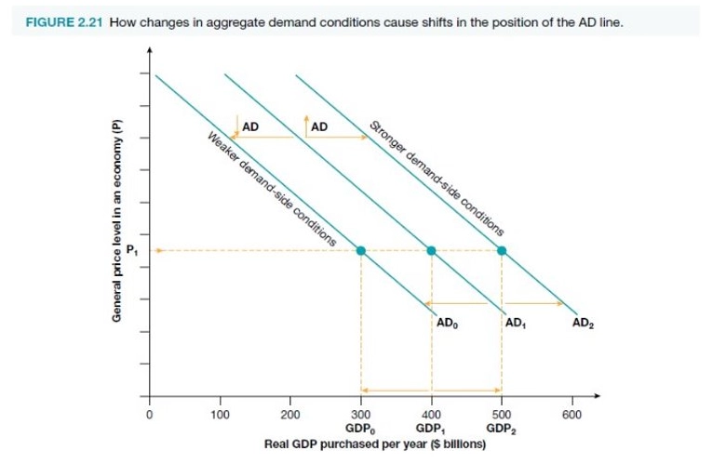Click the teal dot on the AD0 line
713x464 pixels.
click(361, 250)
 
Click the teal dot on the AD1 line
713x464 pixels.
click(431, 250)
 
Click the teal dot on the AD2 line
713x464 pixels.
click(502, 250)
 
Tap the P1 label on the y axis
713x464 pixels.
click(133, 248)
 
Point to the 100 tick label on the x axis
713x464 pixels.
click(220, 416)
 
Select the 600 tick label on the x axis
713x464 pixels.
click(572, 416)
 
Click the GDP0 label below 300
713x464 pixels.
click(360, 430)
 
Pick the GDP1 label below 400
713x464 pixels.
click(430, 430)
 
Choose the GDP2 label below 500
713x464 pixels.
click(501, 430)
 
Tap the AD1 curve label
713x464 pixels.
click(516, 325)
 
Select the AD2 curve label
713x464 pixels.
click(584, 325)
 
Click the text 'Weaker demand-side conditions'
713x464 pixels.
click(271, 191)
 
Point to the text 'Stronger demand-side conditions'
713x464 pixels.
click(437, 178)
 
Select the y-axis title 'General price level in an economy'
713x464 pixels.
click(117, 223)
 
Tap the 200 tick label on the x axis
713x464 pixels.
click(290, 416)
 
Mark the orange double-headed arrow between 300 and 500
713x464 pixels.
click(431, 390)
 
